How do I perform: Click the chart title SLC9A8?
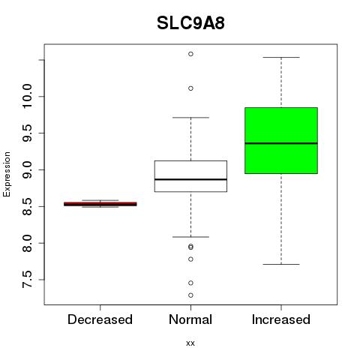(190, 23)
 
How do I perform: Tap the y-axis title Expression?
(7, 174)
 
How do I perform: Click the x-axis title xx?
(190, 343)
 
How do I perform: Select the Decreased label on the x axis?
(100, 319)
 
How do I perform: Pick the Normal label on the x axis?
(190, 319)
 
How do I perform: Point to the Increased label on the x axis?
(281, 319)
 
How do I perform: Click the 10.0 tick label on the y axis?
(27, 96)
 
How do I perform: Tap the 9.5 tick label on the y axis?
(27, 133)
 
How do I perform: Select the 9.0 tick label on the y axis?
(27, 169)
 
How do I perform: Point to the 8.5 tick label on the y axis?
(27, 206)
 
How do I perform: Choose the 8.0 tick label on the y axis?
(27, 243)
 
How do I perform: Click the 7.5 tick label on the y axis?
(27, 280)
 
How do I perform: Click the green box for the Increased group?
(281, 140)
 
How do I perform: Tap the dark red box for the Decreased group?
(100, 204)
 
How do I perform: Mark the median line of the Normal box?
(190, 179)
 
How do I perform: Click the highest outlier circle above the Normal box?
(190, 54)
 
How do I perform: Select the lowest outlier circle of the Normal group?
(190, 295)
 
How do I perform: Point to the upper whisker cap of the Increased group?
(281, 57)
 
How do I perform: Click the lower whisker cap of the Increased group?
(281, 264)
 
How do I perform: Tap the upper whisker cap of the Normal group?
(190, 117)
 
